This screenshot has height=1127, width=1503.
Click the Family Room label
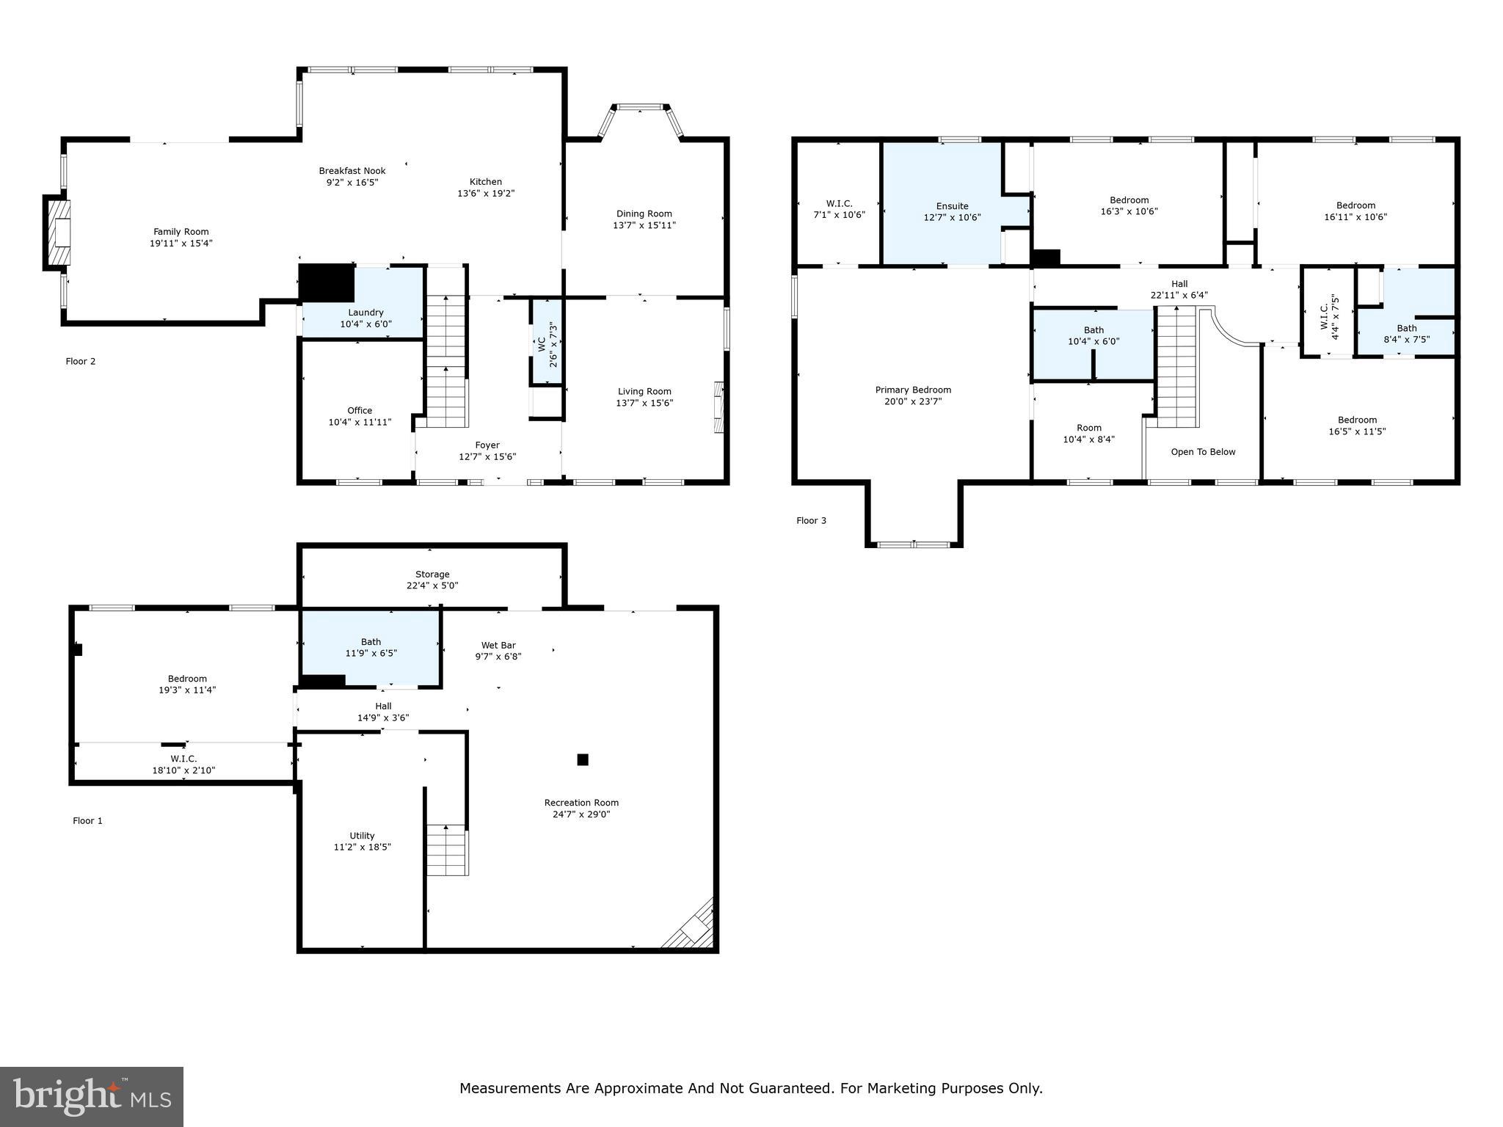pos(181,232)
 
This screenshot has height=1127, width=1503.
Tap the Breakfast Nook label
pos(352,171)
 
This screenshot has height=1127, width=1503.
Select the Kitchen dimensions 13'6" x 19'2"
pos(486,194)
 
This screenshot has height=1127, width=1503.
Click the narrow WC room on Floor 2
pos(547,341)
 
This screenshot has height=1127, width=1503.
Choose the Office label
pos(360,410)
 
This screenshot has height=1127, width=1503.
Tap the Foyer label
pos(487,445)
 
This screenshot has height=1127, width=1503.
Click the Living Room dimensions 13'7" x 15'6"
pos(644,403)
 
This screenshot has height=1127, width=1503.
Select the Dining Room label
pos(644,214)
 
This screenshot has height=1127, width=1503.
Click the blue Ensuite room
pos(943,203)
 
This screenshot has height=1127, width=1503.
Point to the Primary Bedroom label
pos(913,390)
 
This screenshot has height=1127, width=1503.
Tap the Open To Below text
pos(1203,452)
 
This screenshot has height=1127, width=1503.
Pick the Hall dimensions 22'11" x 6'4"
pos(1179,295)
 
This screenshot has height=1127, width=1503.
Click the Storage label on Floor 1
pos(432,575)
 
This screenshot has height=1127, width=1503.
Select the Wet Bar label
pos(498,646)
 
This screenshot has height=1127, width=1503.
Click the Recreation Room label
pos(581,803)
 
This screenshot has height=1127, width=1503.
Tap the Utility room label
pos(362,836)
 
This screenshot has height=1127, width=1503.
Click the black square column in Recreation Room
pos(583,759)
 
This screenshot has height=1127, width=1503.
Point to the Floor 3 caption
pos(811,520)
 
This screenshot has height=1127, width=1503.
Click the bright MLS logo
pos(92,1096)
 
